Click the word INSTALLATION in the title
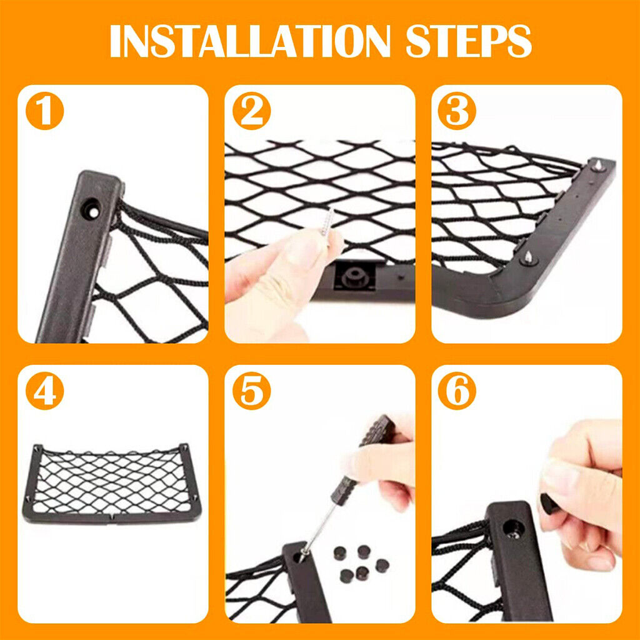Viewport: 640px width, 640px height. coord(250,41)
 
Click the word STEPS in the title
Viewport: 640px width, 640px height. coord(469,41)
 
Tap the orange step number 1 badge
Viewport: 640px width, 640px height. coord(45,111)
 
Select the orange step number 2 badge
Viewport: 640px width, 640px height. coord(251,111)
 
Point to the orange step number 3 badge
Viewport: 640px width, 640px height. coord(457,111)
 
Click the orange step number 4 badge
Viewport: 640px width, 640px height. coord(45,391)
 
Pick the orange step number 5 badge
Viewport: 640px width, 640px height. coord(251,391)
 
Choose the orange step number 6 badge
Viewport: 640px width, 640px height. coord(457,391)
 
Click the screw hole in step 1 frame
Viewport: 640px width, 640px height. coord(91,209)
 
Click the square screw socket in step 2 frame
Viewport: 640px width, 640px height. coord(354,277)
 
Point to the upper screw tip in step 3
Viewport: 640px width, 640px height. coord(597,166)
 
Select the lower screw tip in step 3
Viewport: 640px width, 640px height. coord(528,257)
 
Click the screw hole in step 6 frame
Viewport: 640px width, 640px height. coord(514,529)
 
